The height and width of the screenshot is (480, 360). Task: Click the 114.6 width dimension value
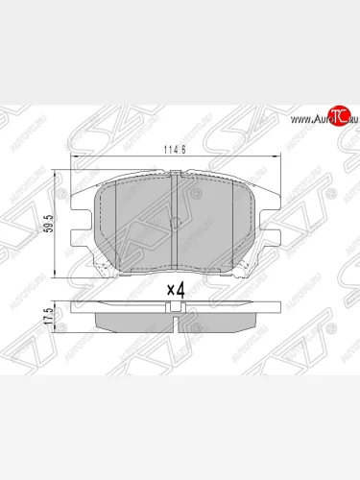175,150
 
